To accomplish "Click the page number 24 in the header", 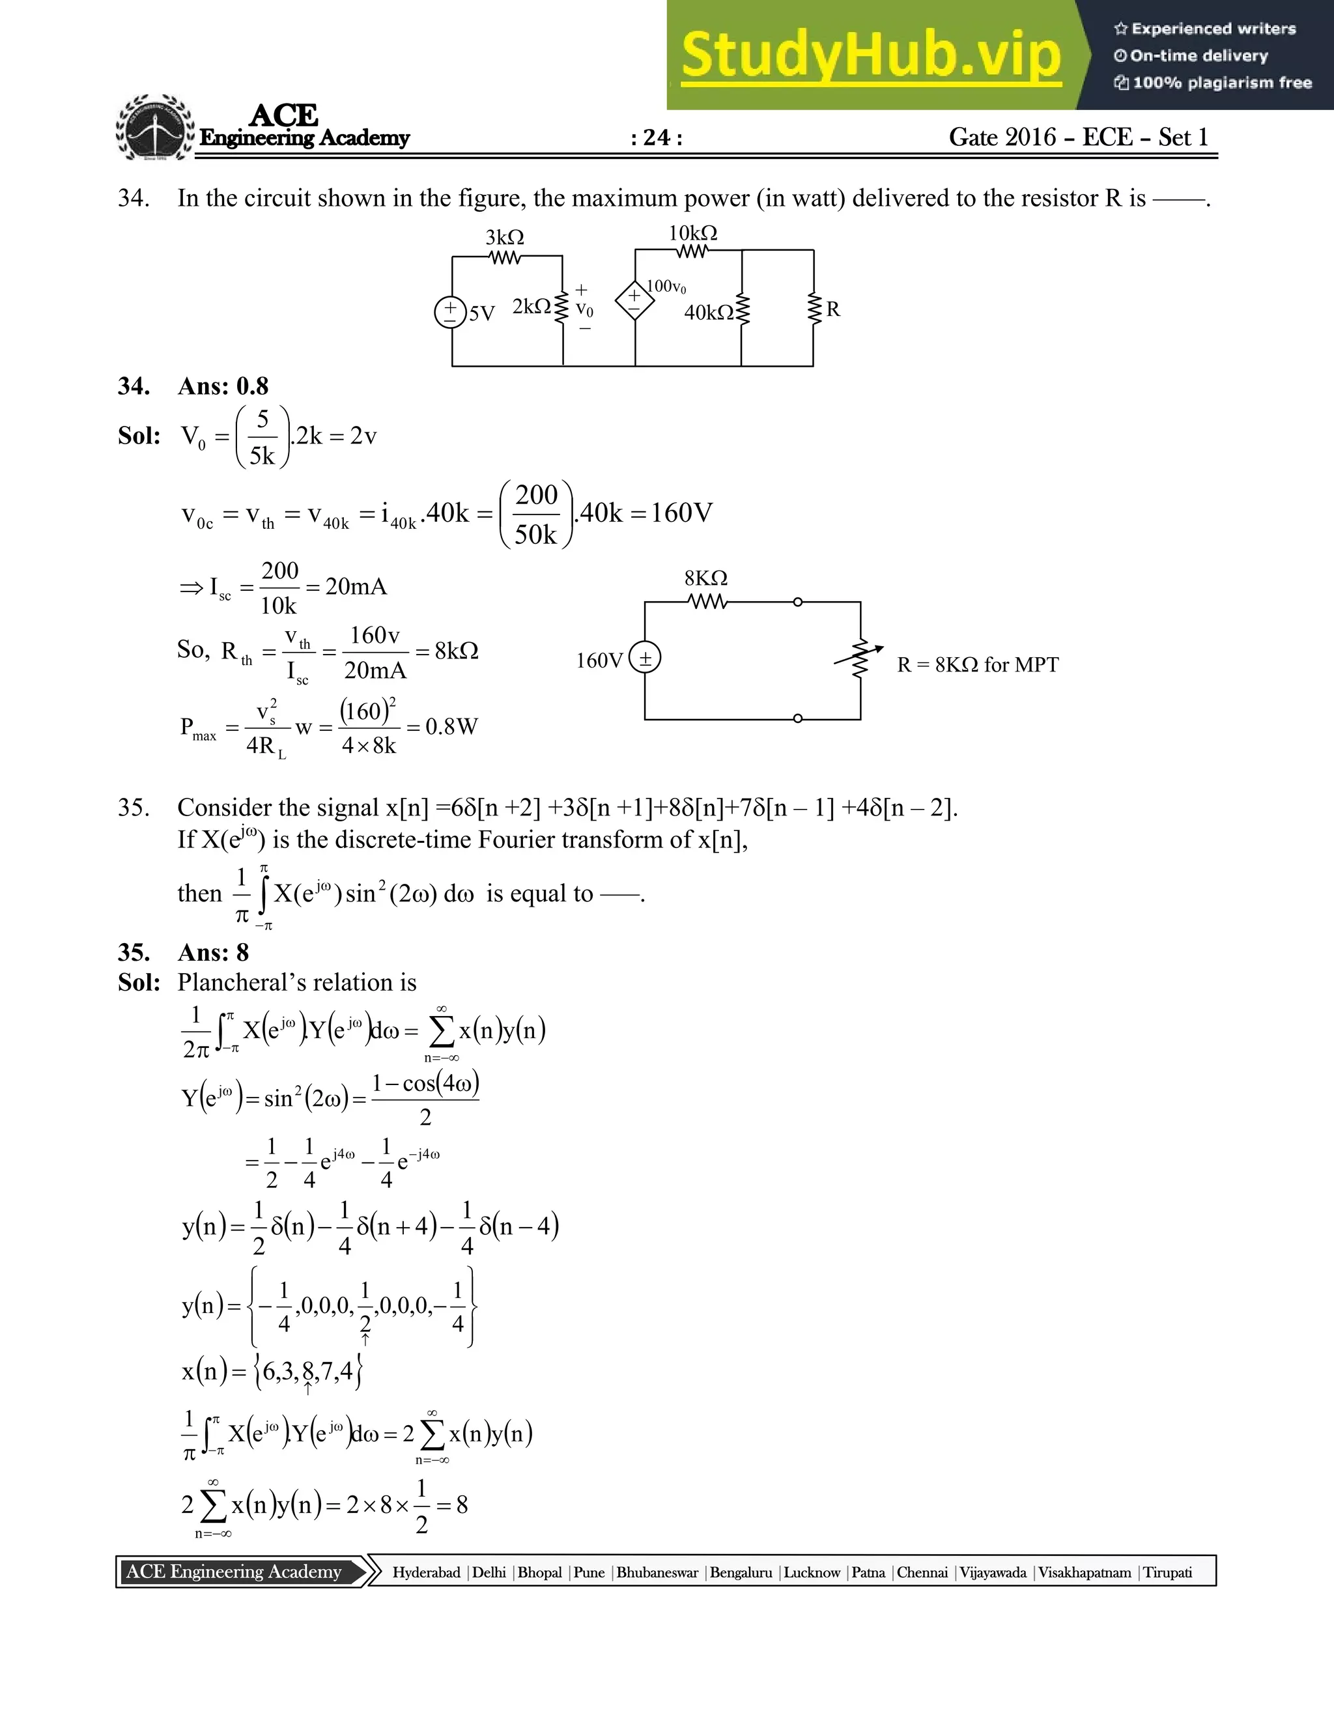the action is coord(657,137).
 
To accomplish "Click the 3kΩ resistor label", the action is coord(504,237).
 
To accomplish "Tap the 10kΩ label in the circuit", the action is coord(692,233).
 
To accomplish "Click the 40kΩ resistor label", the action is coord(709,313).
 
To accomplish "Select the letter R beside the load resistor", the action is coord(833,309).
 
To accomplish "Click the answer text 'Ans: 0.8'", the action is coord(223,386).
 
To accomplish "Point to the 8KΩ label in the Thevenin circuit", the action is coord(705,578).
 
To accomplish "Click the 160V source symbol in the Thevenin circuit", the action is coord(645,658).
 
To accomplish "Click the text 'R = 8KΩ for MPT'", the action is coord(978,664).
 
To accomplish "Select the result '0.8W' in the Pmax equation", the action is coord(451,727).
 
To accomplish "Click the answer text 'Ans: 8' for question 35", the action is coord(214,952).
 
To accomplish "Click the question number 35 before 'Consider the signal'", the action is coord(134,808).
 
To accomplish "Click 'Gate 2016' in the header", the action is coord(1002,137).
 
